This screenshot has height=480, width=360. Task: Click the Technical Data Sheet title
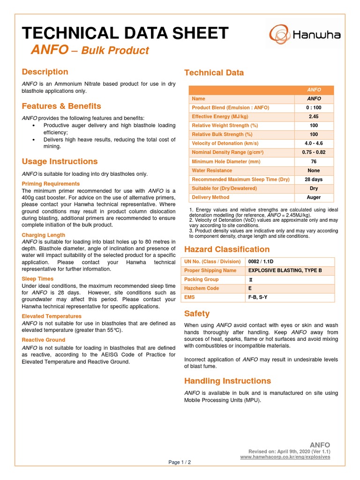[125, 33]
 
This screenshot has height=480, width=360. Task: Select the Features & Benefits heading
[61, 106]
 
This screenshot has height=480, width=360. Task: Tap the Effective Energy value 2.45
[314, 117]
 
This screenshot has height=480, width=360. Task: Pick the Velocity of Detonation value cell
[314, 143]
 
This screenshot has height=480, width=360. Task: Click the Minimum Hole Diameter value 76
[314, 162]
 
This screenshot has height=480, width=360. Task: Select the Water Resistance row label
[212, 171]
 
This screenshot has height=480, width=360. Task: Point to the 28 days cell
[314, 180]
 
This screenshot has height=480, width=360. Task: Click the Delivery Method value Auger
[314, 197]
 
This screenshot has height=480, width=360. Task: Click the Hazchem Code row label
[202, 288]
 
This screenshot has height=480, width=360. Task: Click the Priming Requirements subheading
[51, 184]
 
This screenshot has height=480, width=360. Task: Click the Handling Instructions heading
[227, 381]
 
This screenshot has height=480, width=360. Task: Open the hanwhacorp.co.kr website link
[285, 457]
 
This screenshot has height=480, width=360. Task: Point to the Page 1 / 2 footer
[180, 462]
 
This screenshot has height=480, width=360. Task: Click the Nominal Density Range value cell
[314, 152]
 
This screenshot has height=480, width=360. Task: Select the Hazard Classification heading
[227, 249]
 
